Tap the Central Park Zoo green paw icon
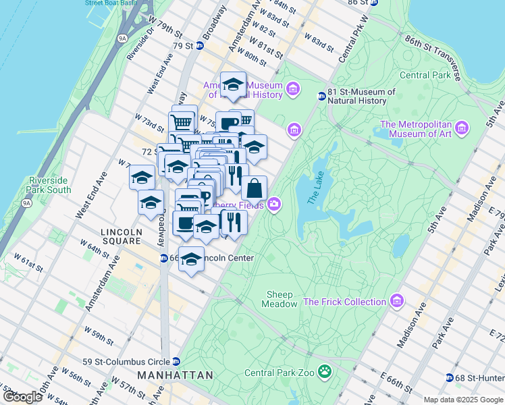point(325,372)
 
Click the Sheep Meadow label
point(281,299)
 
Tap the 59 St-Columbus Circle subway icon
point(176,361)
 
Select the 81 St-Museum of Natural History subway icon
point(322,97)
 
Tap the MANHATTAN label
point(175,375)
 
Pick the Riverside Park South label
point(50,186)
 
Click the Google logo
point(22,397)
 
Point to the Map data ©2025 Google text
point(463,400)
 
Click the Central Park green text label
point(425,76)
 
